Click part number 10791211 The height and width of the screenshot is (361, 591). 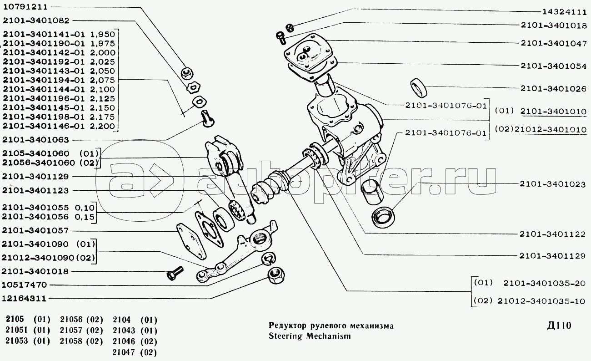(x=25, y=7)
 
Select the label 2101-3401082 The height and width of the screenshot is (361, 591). (x=36, y=20)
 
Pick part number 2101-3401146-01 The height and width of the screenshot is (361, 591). (x=44, y=126)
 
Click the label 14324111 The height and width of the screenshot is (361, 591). (x=564, y=12)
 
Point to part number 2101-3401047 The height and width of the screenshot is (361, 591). (x=554, y=43)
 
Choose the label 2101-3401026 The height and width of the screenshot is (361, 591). (x=554, y=88)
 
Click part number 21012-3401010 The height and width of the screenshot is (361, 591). (x=551, y=129)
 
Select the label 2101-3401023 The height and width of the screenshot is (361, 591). (x=553, y=184)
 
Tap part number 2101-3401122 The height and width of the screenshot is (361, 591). (x=553, y=234)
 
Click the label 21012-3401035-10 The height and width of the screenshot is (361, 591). (x=541, y=301)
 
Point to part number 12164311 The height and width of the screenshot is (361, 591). (x=24, y=299)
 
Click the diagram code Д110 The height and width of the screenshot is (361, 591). (x=559, y=325)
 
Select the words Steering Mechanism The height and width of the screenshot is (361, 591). (x=310, y=336)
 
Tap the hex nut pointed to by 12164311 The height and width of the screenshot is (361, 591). (x=275, y=275)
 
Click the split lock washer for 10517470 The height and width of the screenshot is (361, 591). (x=269, y=259)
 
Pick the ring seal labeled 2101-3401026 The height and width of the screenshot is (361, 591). (x=418, y=87)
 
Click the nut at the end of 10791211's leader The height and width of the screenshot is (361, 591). (x=187, y=74)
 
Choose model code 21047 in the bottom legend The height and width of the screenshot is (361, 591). (x=124, y=352)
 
